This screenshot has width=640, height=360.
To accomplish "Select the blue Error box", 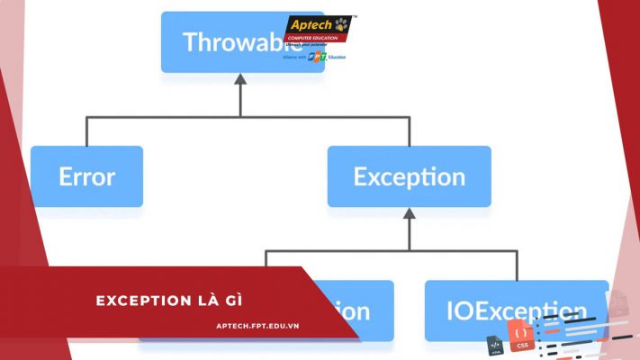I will click(86, 176).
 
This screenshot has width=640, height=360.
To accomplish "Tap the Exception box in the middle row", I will click(409, 176).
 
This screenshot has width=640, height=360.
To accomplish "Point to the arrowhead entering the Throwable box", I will click(240, 79).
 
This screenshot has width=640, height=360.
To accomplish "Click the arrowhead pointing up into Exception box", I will click(409, 214).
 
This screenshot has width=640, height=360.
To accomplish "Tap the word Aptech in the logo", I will click(311, 24).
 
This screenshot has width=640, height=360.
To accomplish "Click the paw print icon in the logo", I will click(342, 23).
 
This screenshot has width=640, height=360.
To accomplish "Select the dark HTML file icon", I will click(495, 345).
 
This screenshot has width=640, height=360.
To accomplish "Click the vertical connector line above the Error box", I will click(86, 131).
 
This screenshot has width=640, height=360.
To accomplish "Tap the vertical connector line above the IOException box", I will click(517, 265).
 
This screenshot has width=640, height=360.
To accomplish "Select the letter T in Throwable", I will click(190, 42).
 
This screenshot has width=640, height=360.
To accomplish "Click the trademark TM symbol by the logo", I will click(354, 17).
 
